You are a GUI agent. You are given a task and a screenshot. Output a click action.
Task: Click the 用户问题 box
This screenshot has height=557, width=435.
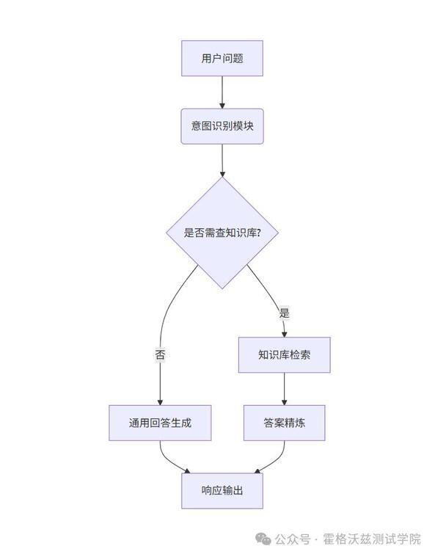pos(222,58)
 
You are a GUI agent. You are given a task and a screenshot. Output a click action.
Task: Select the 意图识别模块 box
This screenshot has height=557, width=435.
pos(222,126)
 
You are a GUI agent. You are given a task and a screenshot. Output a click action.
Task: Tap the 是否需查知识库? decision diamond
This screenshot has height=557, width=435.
pos(222,233)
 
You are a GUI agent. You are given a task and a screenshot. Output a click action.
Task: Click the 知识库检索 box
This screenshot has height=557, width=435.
pos(285,355)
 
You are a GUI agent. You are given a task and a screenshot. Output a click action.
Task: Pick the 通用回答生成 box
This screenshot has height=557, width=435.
pos(160,423)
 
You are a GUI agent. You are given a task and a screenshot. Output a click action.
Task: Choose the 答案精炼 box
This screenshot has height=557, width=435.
pos(285,423)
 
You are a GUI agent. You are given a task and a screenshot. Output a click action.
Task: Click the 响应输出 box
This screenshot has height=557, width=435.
pos(222,490)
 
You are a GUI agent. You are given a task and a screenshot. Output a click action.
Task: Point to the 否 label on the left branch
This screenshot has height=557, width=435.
pos(160,354)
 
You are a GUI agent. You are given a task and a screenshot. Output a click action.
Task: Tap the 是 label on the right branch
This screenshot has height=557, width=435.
pos(284,313)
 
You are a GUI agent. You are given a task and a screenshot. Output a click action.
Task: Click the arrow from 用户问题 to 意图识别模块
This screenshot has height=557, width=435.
pos(222,92)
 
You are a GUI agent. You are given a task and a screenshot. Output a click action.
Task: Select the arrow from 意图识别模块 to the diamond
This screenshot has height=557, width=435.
pos(222,160)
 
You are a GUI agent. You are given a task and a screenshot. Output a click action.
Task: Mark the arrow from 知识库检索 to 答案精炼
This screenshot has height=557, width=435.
pos(285,389)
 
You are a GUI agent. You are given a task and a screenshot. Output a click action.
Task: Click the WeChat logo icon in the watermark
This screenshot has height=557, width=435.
pos(263,539)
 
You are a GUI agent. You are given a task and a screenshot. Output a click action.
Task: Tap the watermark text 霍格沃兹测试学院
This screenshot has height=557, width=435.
pos(372,539)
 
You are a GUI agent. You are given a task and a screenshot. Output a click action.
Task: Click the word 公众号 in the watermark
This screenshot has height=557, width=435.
pos(293,539)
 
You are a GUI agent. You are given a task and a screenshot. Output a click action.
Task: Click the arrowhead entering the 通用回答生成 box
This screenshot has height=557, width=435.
pos(160,402)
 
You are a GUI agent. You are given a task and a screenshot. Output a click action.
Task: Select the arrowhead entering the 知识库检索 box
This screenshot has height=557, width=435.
pos(284,334)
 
